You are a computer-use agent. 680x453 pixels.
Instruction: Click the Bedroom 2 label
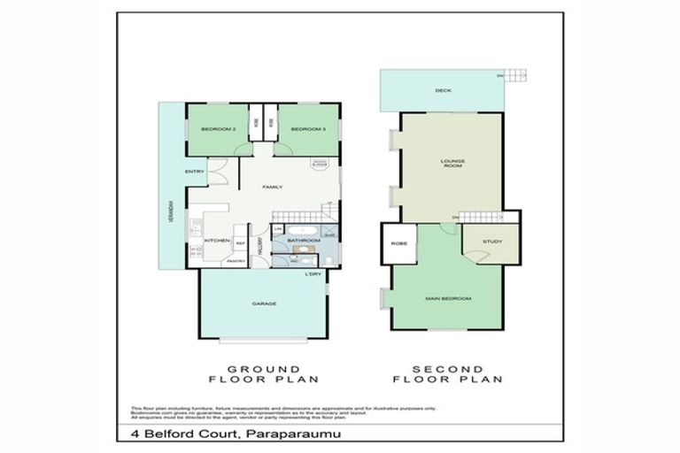point(218,130)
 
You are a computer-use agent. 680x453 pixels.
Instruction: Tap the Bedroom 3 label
point(308,130)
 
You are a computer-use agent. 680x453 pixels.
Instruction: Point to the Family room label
point(272,188)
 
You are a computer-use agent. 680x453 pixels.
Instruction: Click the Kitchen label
point(218,241)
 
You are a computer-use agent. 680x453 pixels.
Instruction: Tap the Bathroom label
point(302,240)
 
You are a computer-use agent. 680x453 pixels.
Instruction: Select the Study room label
point(492,242)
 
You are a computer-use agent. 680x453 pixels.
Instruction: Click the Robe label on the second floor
point(398,242)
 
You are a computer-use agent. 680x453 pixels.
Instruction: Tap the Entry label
point(195,172)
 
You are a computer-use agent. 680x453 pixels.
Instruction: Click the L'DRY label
point(313,274)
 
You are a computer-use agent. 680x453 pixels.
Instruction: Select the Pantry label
point(236,261)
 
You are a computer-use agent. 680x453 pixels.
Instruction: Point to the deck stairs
point(516,76)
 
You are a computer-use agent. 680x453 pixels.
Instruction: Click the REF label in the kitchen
point(240,241)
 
